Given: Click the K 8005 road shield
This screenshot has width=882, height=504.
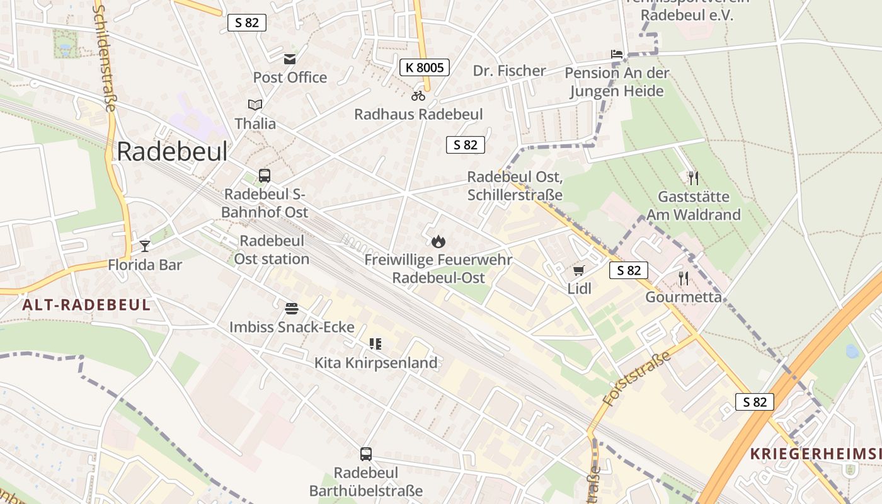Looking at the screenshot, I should pyautogui.click(x=424, y=67).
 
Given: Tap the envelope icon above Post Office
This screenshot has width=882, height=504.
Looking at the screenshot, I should pyautogui.click(x=290, y=59).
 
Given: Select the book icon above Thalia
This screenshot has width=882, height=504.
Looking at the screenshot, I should pyautogui.click(x=255, y=105).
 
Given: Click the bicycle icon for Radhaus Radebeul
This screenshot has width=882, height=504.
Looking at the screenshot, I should pyautogui.click(x=418, y=96).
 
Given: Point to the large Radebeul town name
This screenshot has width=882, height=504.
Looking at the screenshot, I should pyautogui.click(x=172, y=152).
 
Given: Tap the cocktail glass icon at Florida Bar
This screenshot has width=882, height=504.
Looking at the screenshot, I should pyautogui.click(x=145, y=246).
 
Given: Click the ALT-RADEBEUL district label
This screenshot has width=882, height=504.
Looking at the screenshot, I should pyautogui.click(x=86, y=306).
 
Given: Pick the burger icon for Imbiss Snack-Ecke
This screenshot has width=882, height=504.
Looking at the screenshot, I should pyautogui.click(x=291, y=309).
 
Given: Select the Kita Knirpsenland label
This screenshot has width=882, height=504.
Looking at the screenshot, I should pyautogui.click(x=375, y=363).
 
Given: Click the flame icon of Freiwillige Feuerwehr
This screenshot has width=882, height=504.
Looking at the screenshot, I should pyautogui.click(x=438, y=241).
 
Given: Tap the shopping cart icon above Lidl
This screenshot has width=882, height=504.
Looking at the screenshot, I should pyautogui.click(x=579, y=271).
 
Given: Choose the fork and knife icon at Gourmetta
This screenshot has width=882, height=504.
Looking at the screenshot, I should pyautogui.click(x=683, y=278).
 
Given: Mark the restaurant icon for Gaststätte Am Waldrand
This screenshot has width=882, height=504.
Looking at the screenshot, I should pyautogui.click(x=693, y=178).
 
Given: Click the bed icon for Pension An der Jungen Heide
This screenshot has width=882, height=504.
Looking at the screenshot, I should pyautogui.click(x=616, y=55).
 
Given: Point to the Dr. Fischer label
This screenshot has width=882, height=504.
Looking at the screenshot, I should pyautogui.click(x=509, y=71).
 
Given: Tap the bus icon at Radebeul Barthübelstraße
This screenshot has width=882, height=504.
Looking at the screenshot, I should pyautogui.click(x=365, y=454).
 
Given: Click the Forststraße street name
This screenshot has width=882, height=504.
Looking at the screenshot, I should pyautogui.click(x=637, y=378).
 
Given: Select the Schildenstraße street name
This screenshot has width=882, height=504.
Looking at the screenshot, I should pyautogui.click(x=105, y=57).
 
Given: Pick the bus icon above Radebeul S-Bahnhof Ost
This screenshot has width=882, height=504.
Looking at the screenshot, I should pyautogui.click(x=265, y=176).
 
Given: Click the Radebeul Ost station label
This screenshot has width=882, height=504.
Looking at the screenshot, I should pyautogui.click(x=272, y=250).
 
